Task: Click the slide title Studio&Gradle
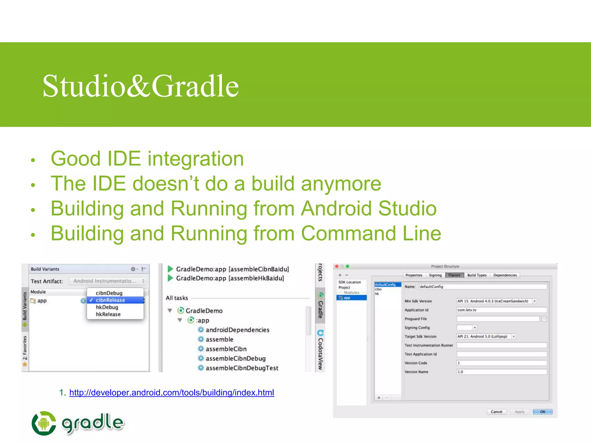[x=141, y=86]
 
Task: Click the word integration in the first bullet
[x=196, y=159]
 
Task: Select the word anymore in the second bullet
[x=341, y=184]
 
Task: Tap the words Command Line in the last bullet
[x=371, y=233]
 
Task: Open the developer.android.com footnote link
[x=171, y=393]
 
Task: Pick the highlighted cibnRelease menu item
[x=111, y=300]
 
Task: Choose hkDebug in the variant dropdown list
[x=107, y=307]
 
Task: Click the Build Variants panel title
[x=45, y=269]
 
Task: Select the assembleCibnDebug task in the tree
[x=235, y=358]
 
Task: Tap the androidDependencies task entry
[x=237, y=330]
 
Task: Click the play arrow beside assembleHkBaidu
[x=170, y=278]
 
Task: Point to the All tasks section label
[x=177, y=298]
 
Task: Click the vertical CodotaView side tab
[x=320, y=350]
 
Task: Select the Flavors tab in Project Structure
[x=454, y=275]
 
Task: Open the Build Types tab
[x=477, y=275]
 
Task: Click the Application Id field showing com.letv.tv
[x=501, y=310]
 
